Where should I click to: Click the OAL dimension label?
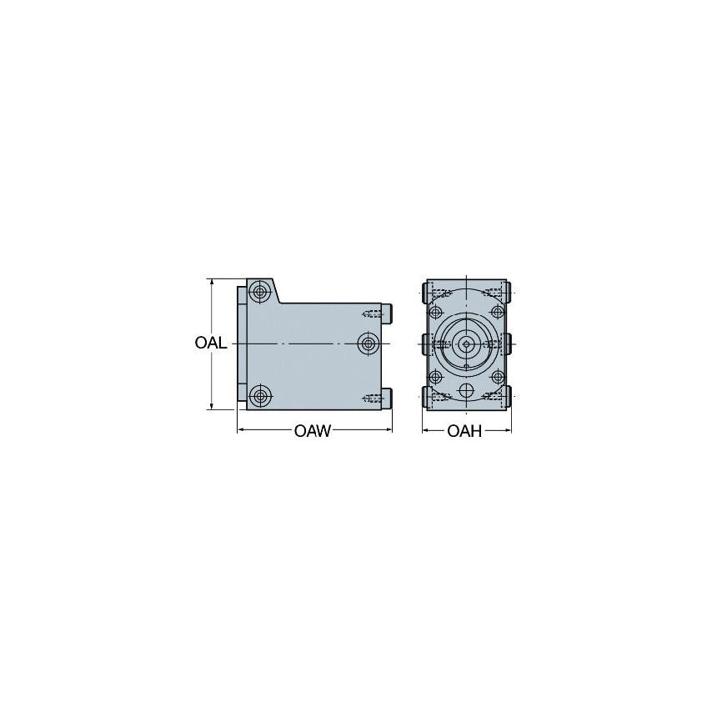211,343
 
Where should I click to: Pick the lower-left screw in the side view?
261,395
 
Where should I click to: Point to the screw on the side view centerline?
367,343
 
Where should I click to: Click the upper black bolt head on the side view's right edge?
388,313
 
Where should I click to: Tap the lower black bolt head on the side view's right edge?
388,399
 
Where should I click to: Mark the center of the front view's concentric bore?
465,343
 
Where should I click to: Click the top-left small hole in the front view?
434,312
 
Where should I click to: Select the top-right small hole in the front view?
497,312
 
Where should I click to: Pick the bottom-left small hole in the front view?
434,375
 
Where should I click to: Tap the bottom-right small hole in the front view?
497,375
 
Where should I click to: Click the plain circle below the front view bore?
465,390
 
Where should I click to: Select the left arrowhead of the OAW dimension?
243,430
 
